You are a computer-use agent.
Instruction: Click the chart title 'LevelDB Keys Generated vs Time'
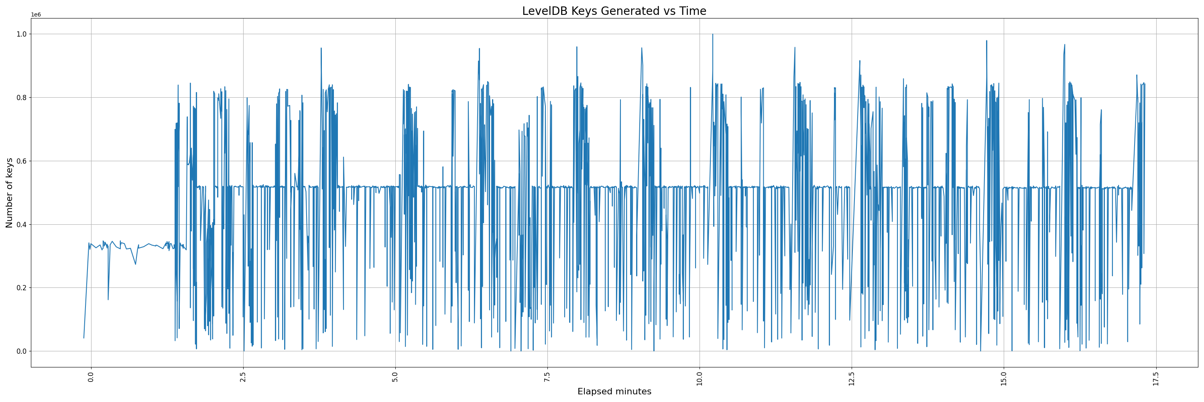(x=614, y=11)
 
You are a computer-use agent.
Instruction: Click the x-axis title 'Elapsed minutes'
(x=614, y=392)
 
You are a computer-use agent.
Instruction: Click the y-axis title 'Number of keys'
(x=9, y=193)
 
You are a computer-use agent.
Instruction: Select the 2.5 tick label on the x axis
(x=243, y=377)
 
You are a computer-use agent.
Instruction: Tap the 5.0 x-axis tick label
(x=395, y=377)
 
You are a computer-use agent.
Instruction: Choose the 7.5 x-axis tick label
(x=547, y=377)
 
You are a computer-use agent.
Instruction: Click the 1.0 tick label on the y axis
(x=22, y=34)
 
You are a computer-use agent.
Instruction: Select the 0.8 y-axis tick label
(x=22, y=97)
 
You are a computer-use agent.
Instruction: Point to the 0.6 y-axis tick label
(x=22, y=161)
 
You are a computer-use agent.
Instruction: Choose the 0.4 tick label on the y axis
(x=22, y=224)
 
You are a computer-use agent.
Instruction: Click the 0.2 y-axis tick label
(x=22, y=288)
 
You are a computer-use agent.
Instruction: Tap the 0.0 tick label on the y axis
(x=22, y=351)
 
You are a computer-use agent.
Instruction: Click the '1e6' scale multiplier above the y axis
(x=36, y=15)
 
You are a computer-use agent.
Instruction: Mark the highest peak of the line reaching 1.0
(x=713, y=34)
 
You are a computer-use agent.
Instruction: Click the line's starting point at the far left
(x=83, y=338)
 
